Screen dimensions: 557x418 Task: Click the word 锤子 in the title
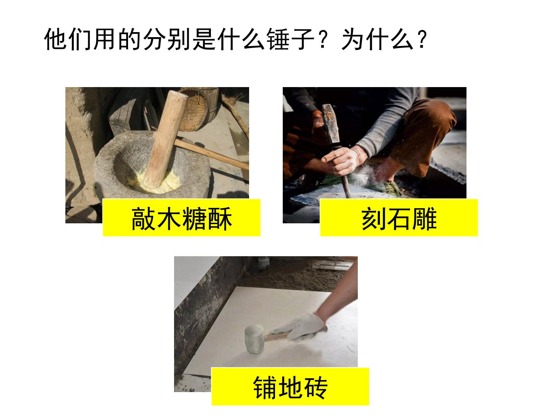(290, 39)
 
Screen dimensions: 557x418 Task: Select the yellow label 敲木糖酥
(181, 218)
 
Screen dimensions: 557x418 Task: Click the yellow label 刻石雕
(399, 218)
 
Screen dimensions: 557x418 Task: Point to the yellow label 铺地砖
(290, 386)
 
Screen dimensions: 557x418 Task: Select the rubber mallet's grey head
(255, 339)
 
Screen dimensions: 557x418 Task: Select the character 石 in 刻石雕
(399, 219)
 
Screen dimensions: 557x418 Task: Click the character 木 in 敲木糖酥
(169, 219)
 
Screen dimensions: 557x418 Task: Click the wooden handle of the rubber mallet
(277, 336)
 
